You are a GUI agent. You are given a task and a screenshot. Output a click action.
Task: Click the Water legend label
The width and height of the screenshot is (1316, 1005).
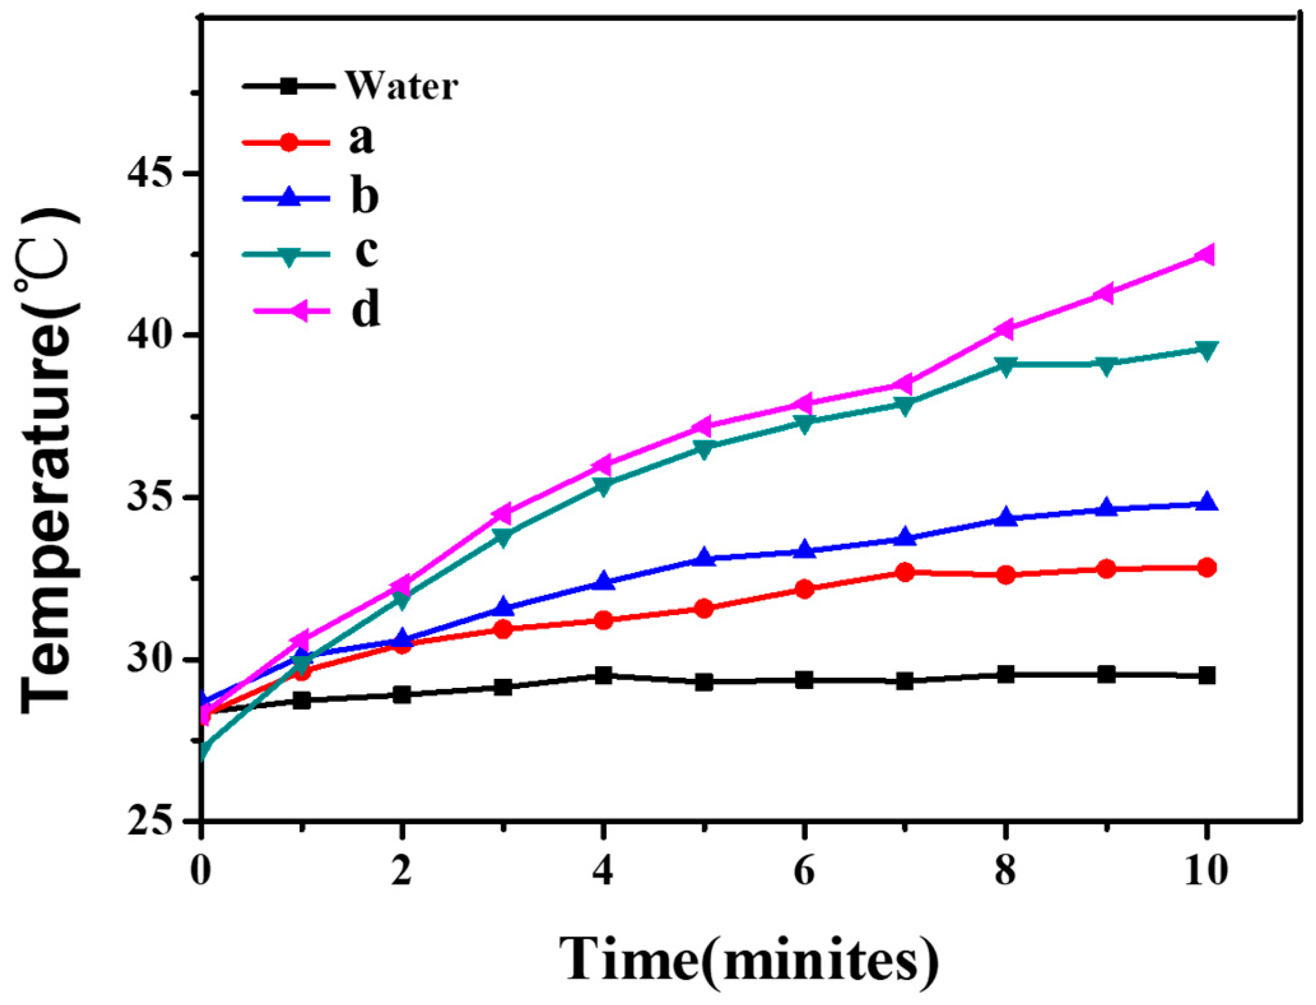(x=401, y=86)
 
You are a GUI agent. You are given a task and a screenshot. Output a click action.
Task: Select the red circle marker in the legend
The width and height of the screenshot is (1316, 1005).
(x=289, y=141)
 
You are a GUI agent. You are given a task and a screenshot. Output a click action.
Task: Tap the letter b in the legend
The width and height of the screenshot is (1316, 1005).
(x=365, y=196)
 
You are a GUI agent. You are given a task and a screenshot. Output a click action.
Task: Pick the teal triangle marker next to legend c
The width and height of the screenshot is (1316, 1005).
(x=289, y=256)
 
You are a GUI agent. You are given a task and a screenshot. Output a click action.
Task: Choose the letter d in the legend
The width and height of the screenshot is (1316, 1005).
(x=366, y=310)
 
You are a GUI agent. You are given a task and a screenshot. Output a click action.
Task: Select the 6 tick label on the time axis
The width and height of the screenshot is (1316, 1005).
(x=804, y=870)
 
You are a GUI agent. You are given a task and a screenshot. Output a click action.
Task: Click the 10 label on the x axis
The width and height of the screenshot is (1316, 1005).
(x=1205, y=870)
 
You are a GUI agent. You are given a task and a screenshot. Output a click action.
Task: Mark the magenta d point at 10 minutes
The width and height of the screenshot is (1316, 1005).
(x=1205, y=255)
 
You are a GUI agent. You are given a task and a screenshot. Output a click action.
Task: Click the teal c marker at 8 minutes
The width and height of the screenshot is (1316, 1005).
(x=1005, y=366)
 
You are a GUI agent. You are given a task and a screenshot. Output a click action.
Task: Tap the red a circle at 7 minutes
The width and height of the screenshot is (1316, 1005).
(x=905, y=572)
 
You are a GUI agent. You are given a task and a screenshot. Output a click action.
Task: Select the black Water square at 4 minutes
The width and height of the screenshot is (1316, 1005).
(x=603, y=675)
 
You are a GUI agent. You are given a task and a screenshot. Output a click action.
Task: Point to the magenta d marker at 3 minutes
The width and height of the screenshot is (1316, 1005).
(x=502, y=513)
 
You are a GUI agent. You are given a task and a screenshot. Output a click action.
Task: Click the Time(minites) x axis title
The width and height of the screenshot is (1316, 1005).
(x=748, y=960)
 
